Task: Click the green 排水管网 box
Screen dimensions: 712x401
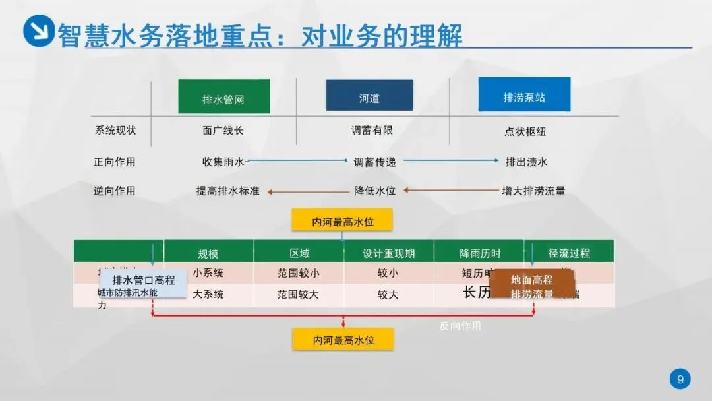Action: coord(223,97)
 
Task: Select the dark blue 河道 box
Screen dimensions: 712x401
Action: coord(369,96)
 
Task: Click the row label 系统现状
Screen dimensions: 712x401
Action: coord(115,131)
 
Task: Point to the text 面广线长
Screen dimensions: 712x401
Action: coord(223,131)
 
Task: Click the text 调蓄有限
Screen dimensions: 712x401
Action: coord(372,131)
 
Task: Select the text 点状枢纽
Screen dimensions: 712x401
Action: coord(525,131)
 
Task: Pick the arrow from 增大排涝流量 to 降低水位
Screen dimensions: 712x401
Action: coord(452,191)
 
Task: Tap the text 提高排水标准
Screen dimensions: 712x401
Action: coord(227,191)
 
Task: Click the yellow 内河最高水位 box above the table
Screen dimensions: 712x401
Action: coord(343,221)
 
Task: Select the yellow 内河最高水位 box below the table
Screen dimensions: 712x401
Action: coord(343,340)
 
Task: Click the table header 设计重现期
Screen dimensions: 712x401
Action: coord(388,253)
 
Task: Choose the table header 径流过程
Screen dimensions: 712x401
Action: coord(569,253)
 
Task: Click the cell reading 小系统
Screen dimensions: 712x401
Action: coord(208,273)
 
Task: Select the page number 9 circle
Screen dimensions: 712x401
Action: coord(680,379)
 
